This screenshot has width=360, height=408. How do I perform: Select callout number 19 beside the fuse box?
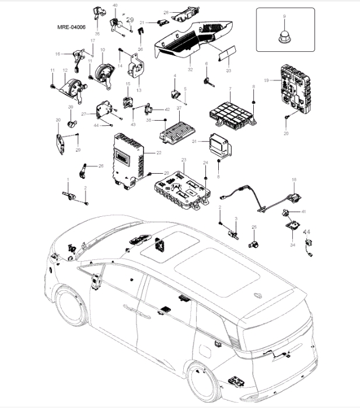point(266,80)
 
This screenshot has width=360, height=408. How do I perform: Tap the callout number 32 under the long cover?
point(190,69)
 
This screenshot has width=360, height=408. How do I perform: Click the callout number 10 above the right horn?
point(103,50)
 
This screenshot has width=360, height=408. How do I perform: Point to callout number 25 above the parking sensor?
point(254,227)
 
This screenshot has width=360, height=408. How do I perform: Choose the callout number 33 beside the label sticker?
point(228,70)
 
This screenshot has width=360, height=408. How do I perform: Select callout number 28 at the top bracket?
point(166,12)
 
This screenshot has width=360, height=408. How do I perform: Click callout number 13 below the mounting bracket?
point(139,90)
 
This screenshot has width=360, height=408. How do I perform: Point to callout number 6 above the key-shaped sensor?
point(206,64)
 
